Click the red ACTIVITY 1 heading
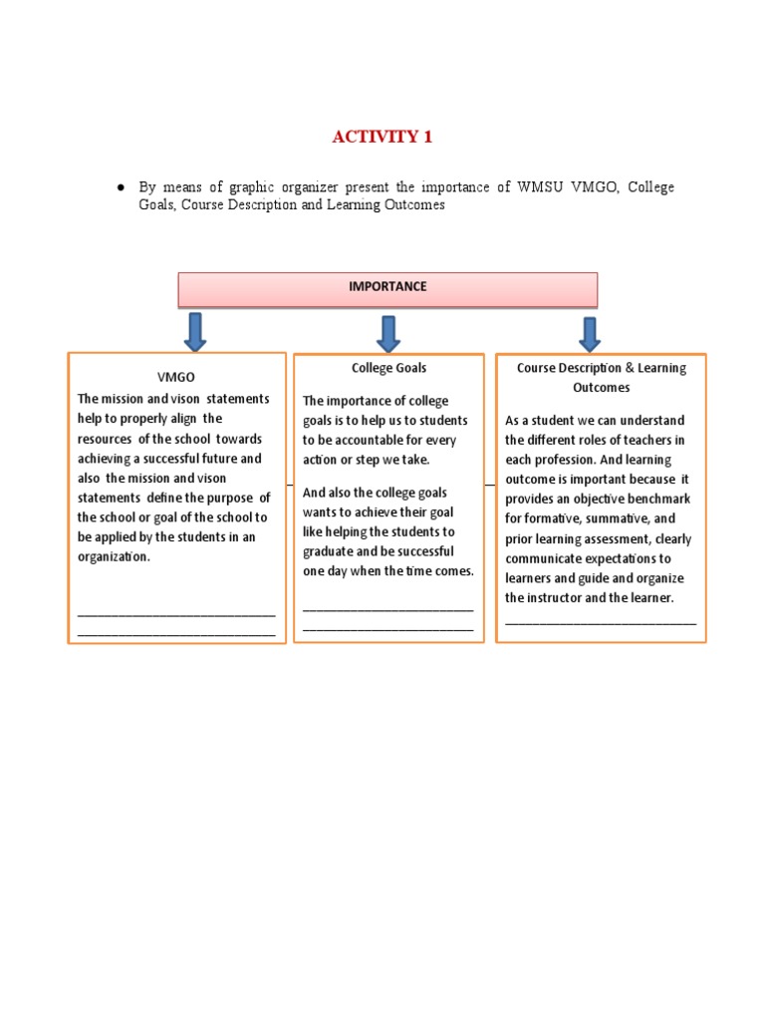(x=382, y=137)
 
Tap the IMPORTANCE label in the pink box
(x=387, y=286)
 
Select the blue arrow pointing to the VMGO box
(x=195, y=331)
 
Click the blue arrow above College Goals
(x=388, y=333)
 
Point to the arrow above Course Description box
(x=589, y=334)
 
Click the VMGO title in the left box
(x=176, y=378)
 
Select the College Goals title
(x=388, y=368)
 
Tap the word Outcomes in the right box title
(x=601, y=387)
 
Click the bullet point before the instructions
(x=120, y=186)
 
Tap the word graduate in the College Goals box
(x=329, y=551)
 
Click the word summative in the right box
(x=621, y=518)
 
